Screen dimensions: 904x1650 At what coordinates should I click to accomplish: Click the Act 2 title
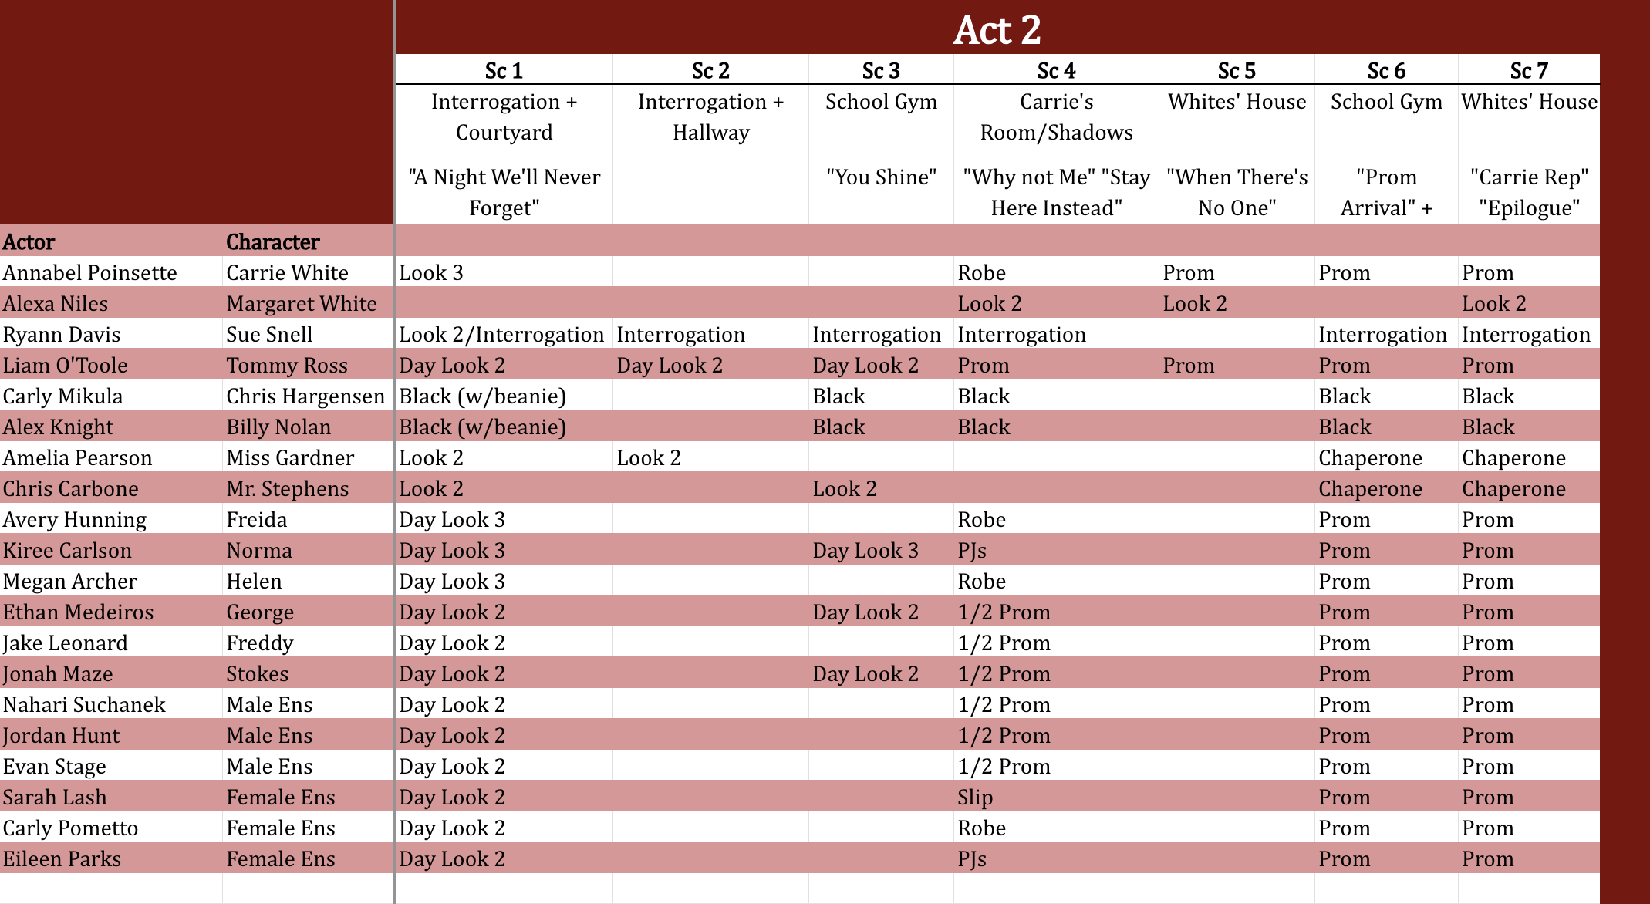coord(997,30)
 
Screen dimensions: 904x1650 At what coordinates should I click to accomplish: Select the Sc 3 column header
coord(881,71)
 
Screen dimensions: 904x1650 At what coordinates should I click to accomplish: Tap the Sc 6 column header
coord(1386,71)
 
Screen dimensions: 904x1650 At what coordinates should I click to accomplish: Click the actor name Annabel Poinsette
coord(89,273)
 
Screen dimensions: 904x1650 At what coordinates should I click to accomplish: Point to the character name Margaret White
coord(302,304)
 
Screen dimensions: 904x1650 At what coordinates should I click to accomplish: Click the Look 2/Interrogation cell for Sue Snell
coord(501,335)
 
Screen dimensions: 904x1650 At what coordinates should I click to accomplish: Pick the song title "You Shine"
coord(881,177)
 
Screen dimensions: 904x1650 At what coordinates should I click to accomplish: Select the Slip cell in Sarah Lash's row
coord(975,798)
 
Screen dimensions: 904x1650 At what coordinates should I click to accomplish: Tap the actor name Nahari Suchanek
coord(84,705)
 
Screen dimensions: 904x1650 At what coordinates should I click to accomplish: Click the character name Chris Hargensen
coord(305,396)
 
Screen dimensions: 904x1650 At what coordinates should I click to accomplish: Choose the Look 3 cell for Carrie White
coord(431,273)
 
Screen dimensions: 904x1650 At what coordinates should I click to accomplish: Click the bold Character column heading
coord(273,242)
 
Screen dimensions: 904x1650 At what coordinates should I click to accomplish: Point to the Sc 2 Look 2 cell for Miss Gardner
coord(649,458)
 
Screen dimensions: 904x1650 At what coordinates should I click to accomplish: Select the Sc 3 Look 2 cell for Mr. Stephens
coord(845,489)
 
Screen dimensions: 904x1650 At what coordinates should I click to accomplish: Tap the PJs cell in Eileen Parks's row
coord(972,859)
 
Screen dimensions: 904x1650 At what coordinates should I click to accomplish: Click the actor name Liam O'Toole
coord(65,366)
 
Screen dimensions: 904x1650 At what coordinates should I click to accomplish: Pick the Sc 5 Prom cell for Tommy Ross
coord(1189,366)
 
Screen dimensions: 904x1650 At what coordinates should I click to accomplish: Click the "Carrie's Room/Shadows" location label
coord(1056,117)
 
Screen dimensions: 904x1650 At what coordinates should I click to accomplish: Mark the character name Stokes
coord(257,674)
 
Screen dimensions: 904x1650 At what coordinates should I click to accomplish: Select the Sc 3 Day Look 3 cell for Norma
coord(865,551)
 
